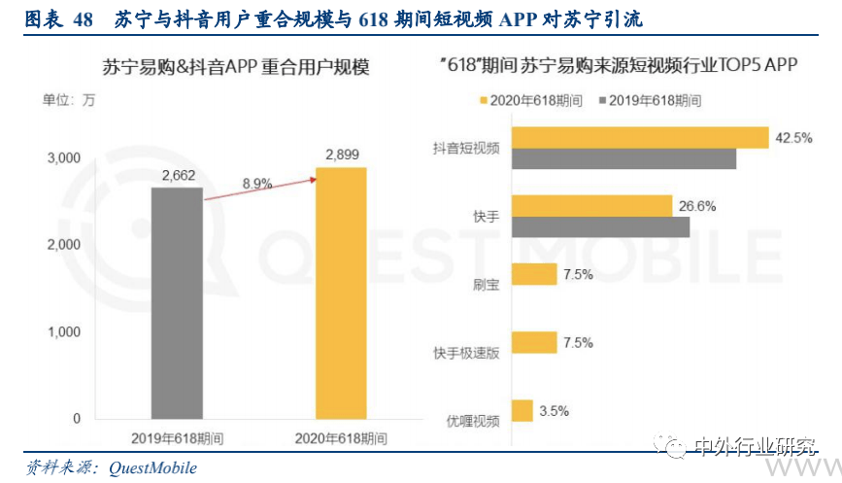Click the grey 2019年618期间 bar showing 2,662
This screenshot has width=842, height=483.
pyautogui.click(x=177, y=302)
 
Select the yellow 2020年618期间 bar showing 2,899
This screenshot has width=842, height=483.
pyautogui.click(x=341, y=293)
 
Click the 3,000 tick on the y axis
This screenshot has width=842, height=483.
pyautogui.click(x=63, y=157)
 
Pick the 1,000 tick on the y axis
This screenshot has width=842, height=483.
pyautogui.click(x=63, y=331)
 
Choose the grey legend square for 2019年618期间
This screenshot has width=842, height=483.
pyautogui.click(x=602, y=100)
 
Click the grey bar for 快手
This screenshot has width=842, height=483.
pyautogui.click(x=599, y=227)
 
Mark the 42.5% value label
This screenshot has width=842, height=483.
pyautogui.click(x=793, y=138)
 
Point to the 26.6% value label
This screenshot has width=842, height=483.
pyautogui.click(x=697, y=206)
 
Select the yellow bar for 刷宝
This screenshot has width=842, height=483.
pyautogui.click(x=533, y=274)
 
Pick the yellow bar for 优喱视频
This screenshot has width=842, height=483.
pyautogui.click(x=522, y=411)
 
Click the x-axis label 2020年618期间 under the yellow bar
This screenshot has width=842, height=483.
pyautogui.click(x=341, y=436)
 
